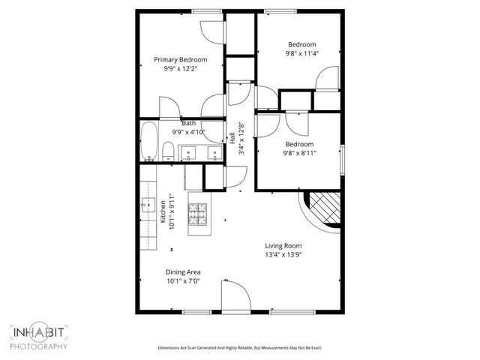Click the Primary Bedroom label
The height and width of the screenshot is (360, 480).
180,59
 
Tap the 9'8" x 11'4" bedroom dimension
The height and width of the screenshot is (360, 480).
301,53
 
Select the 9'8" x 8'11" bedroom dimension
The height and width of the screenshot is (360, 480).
299,153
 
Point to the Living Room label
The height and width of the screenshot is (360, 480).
283,245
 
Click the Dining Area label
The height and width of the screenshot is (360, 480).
183,272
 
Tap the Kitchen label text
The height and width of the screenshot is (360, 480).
162,211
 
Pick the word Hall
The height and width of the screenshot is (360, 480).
232,139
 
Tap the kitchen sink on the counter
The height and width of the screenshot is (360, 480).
145,203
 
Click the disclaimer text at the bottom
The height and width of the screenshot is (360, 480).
239,348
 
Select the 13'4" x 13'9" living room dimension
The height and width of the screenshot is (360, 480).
283,254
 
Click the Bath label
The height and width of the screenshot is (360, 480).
188,123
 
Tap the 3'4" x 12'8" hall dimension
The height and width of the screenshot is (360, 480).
241,139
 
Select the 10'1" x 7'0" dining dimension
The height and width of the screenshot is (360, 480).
183,281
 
